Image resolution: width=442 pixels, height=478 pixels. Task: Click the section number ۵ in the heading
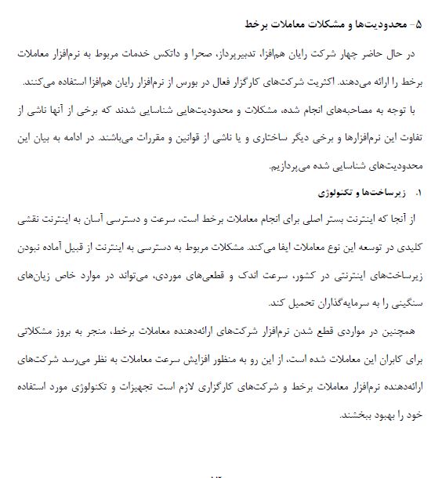pos(417,24)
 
